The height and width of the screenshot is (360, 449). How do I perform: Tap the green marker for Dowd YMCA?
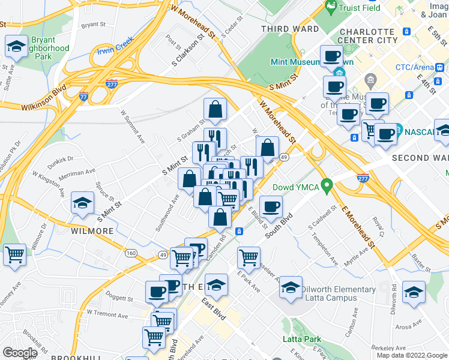pyautogui.click(x=327, y=187)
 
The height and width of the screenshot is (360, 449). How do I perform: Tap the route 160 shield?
pyautogui.click(x=130, y=254)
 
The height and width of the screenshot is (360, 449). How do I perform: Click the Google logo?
pyautogui.click(x=20, y=353)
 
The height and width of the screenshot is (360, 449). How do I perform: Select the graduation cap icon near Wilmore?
pyautogui.click(x=82, y=203)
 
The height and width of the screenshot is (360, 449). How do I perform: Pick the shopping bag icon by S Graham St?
pyautogui.click(x=215, y=110)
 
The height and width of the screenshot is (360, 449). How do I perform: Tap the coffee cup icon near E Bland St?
pyautogui.click(x=271, y=207)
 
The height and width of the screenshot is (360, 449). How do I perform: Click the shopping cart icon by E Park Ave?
pyautogui.click(x=249, y=259)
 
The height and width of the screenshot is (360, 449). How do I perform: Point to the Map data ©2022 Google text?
pyautogui.click(x=411, y=355)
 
